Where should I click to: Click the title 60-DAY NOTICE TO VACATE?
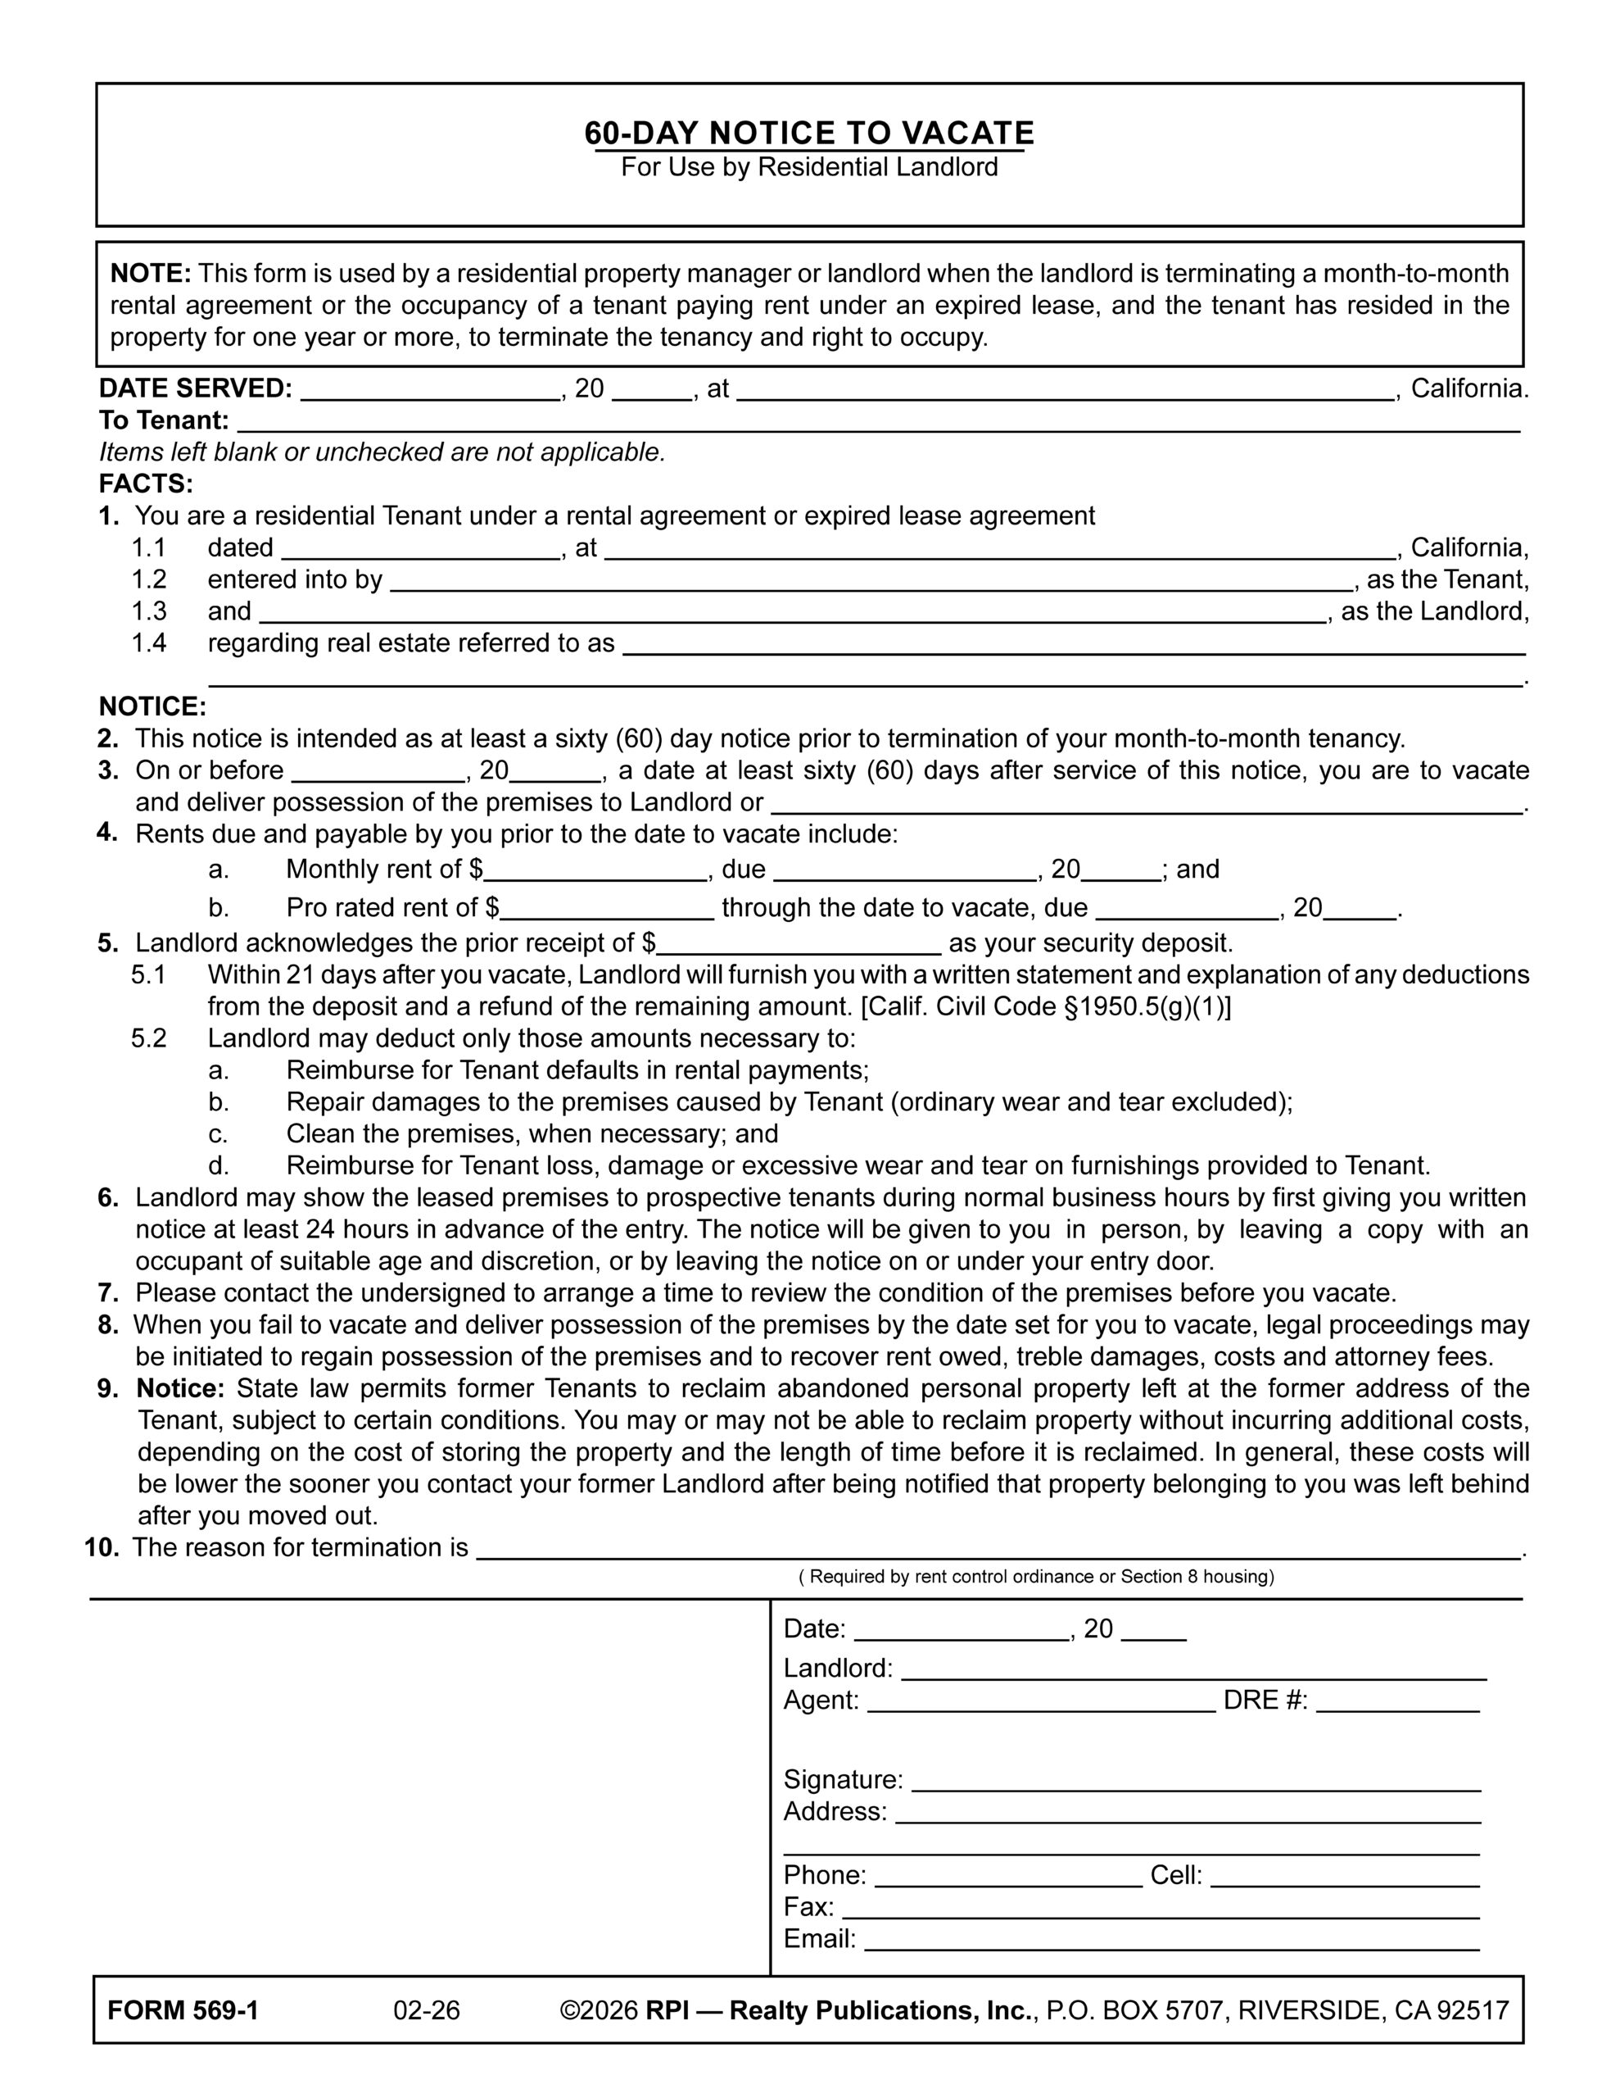coord(808,133)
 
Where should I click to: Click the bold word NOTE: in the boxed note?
coord(151,274)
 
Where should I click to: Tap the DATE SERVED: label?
coord(195,389)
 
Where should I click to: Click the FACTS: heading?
coord(146,484)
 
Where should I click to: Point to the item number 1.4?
coord(149,643)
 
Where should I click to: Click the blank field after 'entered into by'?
coord(870,581)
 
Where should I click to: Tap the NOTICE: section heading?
coord(152,707)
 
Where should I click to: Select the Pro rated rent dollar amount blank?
coord(607,910)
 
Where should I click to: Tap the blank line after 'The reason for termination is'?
coord(998,1550)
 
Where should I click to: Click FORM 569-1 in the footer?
coord(183,2010)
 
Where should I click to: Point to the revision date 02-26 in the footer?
coord(427,2010)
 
